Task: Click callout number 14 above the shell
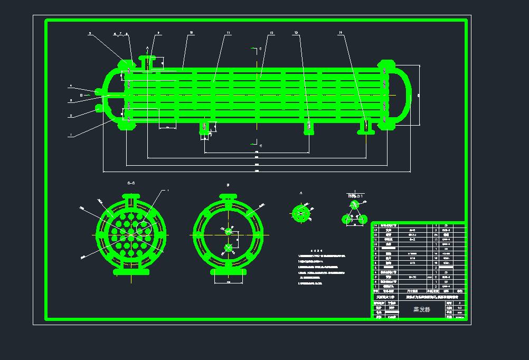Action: (x=341, y=33)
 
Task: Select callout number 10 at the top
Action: (x=191, y=33)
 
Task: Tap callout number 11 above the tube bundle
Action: (x=228, y=33)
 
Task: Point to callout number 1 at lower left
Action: (x=70, y=135)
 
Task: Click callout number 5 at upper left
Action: (x=90, y=33)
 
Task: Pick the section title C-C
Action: (x=131, y=183)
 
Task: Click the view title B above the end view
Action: (x=228, y=185)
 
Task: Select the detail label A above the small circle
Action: (x=301, y=193)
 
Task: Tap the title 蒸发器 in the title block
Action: (x=421, y=309)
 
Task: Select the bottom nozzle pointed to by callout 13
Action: (x=309, y=128)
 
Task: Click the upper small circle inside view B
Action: (x=229, y=231)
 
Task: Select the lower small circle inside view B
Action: (x=228, y=248)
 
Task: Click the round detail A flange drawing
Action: (x=301, y=213)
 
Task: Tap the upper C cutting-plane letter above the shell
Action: (x=260, y=49)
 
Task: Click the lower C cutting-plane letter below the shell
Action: (x=260, y=144)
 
